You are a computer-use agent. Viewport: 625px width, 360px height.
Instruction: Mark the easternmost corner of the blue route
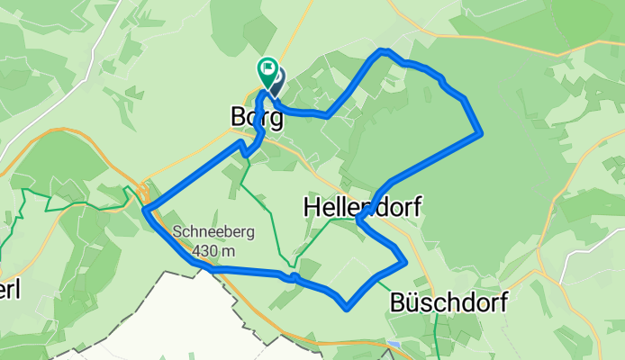[484, 133]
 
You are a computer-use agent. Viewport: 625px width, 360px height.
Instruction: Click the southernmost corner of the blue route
[346, 308]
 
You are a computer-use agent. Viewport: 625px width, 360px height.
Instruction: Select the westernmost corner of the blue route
[144, 211]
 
